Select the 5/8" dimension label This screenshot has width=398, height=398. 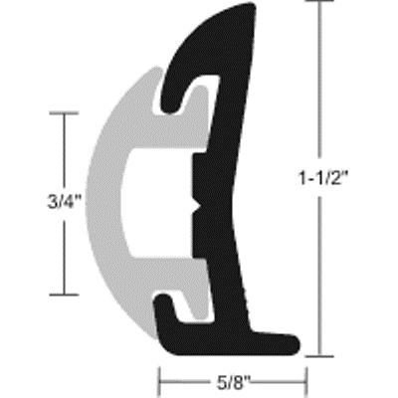point(232,379)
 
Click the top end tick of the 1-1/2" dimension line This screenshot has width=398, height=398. point(321,4)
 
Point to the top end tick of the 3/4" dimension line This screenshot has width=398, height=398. point(65,113)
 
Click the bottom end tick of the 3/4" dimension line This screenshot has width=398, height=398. point(65,295)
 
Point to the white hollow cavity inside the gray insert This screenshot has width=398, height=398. point(159,204)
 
